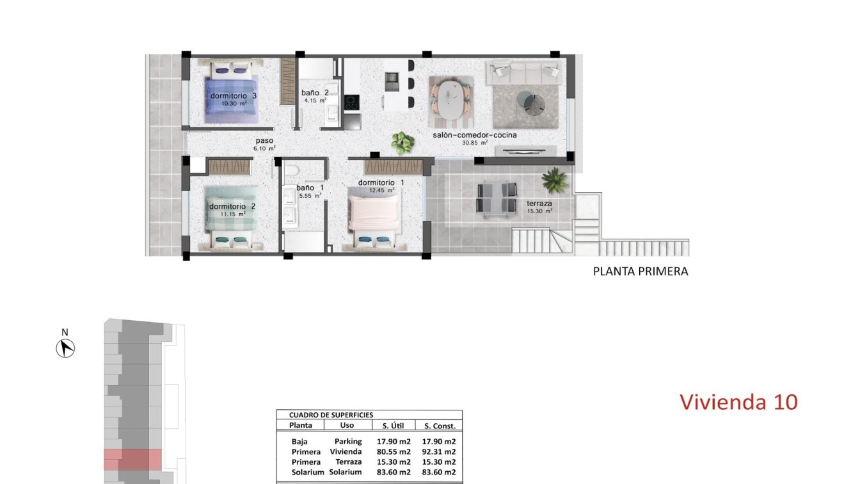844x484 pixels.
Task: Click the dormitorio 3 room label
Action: tap(233, 96)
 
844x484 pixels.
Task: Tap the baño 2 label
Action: tap(315, 93)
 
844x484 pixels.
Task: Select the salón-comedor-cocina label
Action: tap(475, 135)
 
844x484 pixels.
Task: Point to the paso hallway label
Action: tap(264, 141)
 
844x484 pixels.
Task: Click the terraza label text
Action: tap(539, 204)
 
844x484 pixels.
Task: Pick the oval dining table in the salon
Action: tap(452, 98)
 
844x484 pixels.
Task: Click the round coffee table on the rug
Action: tap(531, 103)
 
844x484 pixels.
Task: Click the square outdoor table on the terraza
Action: tap(497, 198)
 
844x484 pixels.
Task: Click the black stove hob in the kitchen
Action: tap(351, 102)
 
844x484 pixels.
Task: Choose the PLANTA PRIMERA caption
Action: tap(641, 271)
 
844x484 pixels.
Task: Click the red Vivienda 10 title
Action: tap(738, 402)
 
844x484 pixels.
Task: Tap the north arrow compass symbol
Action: tap(65, 348)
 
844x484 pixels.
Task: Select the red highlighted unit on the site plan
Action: tap(132, 460)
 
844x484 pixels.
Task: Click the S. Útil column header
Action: tap(392, 426)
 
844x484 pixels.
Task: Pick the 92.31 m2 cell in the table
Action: tap(438, 451)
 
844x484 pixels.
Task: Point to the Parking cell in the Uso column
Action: tap(347, 441)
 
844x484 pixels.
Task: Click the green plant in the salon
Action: tap(402, 142)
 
